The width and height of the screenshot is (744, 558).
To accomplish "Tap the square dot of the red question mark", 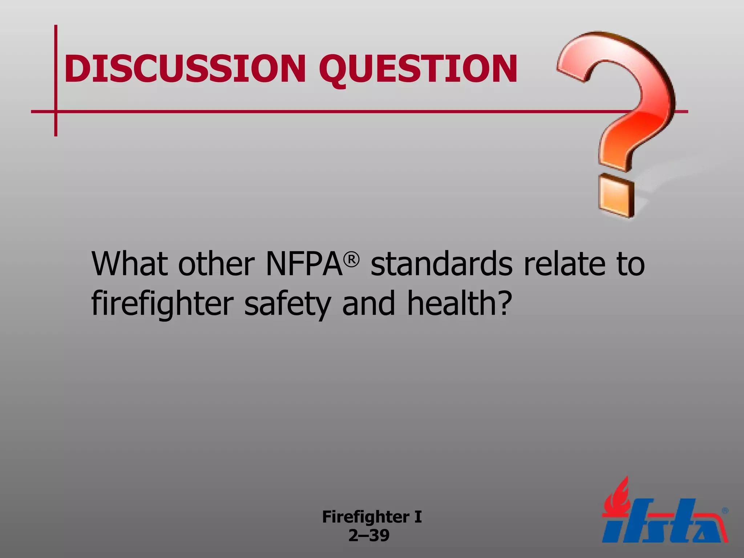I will pos(616,196).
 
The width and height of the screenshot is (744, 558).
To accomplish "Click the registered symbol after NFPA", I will pos(352,259).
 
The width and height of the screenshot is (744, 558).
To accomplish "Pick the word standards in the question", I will pos(441,264).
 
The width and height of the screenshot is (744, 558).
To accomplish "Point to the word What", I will pos(129,264).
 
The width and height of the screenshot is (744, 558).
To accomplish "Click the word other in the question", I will pos(217,264).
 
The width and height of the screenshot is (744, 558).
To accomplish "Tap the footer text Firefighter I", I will pos(372,517).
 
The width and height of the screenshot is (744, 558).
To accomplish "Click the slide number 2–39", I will pos(369,535).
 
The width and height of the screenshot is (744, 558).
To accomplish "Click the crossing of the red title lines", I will pos(56,111).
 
